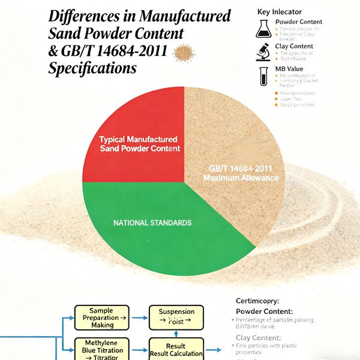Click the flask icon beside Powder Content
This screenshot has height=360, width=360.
263,28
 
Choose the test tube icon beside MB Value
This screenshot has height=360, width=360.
263,76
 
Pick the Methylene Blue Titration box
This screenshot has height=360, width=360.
101,348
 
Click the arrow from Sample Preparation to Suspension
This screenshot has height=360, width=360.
138,316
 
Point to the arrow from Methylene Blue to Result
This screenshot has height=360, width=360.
138,348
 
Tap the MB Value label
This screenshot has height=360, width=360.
290,68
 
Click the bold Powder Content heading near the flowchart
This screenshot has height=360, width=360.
265,311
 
